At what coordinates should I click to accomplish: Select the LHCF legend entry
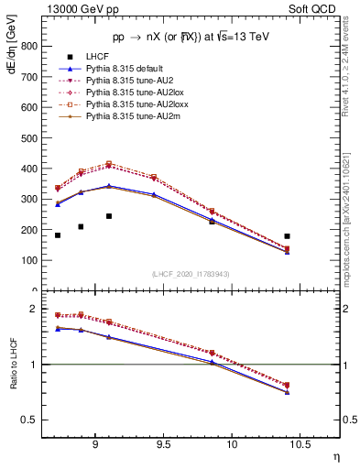(x=99, y=57)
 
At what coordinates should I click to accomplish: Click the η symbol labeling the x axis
(x=335, y=454)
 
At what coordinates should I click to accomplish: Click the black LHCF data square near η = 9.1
(x=109, y=216)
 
